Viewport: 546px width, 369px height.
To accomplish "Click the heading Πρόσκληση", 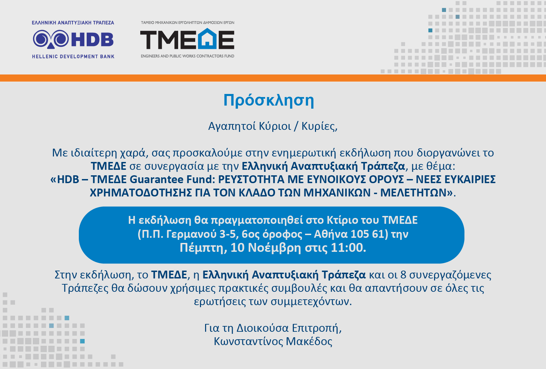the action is click(269, 100).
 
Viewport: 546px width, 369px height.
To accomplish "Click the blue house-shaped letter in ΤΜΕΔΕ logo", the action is click(207, 39).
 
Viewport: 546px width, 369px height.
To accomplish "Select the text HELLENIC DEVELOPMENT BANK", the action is click(73, 57).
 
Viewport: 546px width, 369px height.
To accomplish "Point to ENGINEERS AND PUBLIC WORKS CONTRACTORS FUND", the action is click(187, 56).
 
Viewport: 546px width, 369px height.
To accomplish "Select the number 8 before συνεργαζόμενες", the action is click(403, 275).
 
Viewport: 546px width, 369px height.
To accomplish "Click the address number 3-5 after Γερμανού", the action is click(227, 234).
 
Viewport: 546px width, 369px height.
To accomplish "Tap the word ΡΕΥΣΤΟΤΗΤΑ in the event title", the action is click(251, 179).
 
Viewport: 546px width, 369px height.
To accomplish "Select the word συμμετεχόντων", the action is click(311, 302).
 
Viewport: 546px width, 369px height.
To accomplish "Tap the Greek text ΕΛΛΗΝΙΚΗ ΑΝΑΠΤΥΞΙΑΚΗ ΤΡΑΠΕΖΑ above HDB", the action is click(73, 23).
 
